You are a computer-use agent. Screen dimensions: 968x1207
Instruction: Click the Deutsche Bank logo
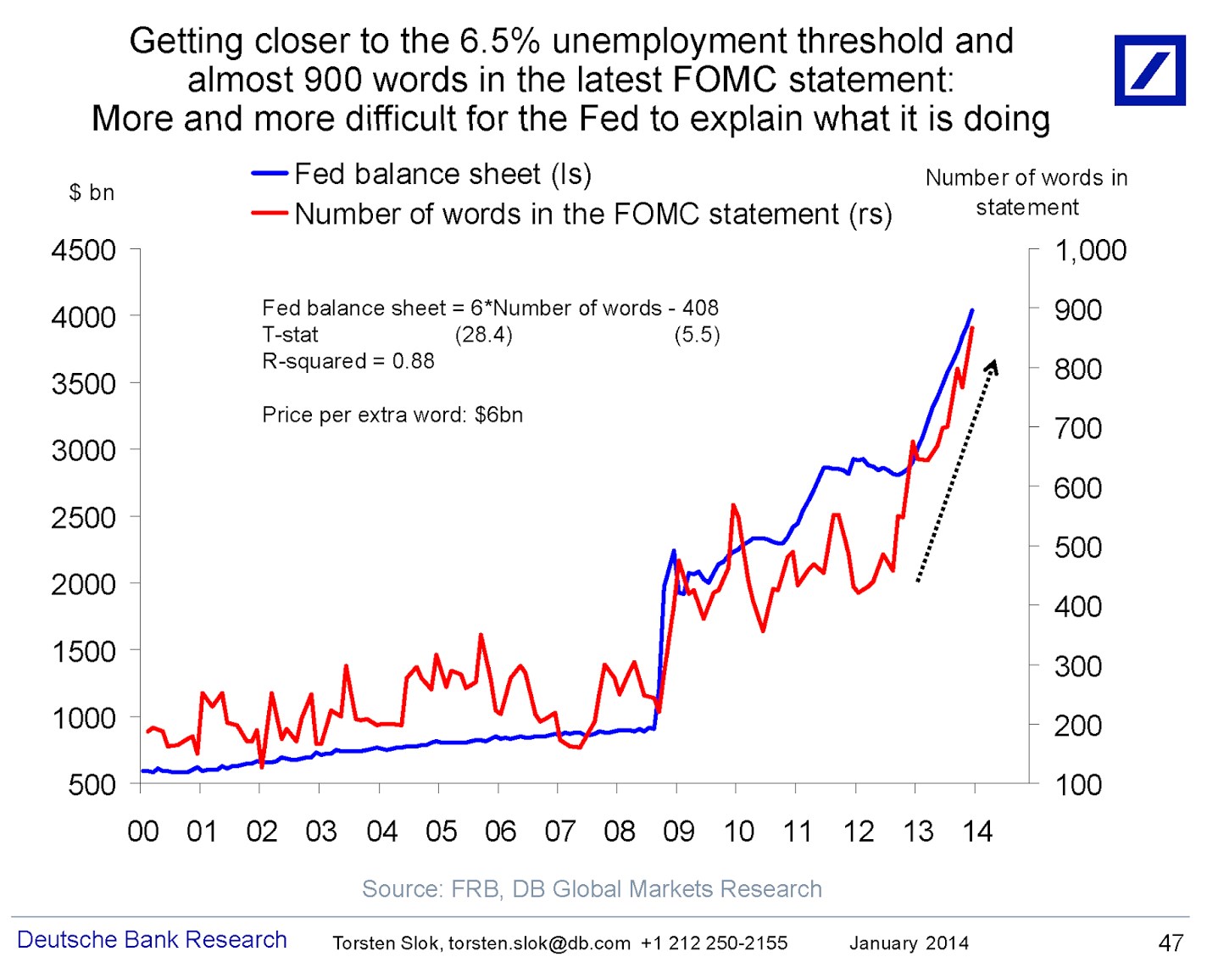[x=1149, y=70]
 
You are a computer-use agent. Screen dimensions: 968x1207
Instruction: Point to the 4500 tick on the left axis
[x=83, y=250]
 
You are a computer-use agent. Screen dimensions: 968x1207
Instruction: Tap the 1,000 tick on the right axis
[x=1089, y=250]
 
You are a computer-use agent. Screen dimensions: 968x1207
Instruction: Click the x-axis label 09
[x=678, y=832]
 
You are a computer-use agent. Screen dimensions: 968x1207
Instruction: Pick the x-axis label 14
[x=976, y=832]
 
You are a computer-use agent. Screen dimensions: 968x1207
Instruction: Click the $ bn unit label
[x=92, y=192]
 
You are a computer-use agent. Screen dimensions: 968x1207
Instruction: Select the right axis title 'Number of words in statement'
[x=1026, y=192]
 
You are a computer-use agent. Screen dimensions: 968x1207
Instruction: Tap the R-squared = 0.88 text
[x=348, y=361]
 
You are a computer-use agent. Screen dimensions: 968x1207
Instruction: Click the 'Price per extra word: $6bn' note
[x=392, y=414]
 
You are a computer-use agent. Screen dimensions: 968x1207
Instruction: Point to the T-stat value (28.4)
[x=483, y=335]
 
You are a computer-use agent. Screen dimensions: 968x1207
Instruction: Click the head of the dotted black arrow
[x=993, y=365]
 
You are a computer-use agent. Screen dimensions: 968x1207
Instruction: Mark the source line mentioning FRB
[x=592, y=888]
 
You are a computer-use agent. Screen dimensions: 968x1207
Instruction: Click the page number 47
[x=1171, y=943]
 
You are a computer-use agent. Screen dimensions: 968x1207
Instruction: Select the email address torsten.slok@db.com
[x=539, y=943]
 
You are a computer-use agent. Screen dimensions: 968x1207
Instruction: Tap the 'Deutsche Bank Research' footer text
[x=152, y=940]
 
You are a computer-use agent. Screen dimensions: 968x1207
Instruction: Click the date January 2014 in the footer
[x=909, y=943]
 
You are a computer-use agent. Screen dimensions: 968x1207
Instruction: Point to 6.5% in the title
[x=499, y=41]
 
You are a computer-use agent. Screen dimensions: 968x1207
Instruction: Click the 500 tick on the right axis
[x=1077, y=548]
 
